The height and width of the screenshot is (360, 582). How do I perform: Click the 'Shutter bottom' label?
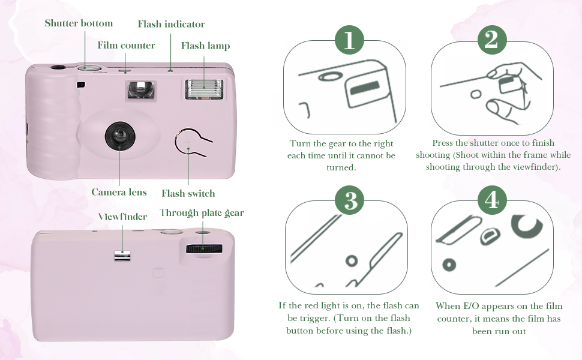coord(79,23)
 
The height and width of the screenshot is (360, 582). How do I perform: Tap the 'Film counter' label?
coord(126,45)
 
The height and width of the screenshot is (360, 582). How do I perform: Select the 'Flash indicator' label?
coord(171,24)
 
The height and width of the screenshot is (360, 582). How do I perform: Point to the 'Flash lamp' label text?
coord(205,46)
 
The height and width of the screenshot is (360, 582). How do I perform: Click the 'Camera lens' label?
coord(119,192)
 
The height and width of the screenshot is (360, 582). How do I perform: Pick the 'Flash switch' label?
coord(188,193)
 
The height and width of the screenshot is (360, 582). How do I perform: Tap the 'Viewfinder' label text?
coord(122,217)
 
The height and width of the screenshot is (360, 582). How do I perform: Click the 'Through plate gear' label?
coord(202,212)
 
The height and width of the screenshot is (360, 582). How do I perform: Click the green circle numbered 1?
coord(349,40)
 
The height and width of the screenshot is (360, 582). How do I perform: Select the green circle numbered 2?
coord(492,40)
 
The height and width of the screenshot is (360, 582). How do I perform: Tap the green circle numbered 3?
coord(350,200)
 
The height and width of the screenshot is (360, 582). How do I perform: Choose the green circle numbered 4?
coord(492,200)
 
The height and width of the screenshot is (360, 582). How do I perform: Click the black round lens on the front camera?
coord(120,136)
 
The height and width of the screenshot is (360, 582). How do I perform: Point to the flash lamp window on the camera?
coord(204,89)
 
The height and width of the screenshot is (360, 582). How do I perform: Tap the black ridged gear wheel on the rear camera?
coord(204,248)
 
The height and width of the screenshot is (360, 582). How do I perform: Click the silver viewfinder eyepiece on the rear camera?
coord(122,256)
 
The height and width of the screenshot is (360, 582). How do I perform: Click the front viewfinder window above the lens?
coord(140,89)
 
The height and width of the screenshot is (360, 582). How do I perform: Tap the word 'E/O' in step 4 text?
coord(472,306)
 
